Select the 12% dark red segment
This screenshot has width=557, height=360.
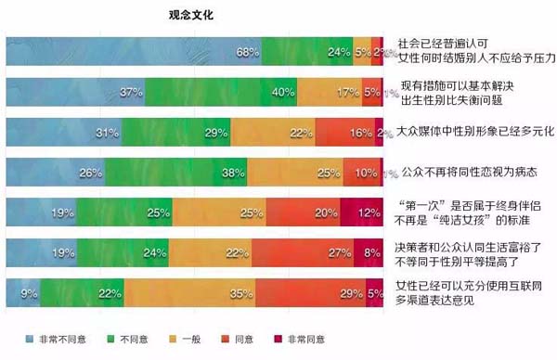click(x=362, y=212)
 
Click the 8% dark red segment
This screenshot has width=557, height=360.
click(x=369, y=252)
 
